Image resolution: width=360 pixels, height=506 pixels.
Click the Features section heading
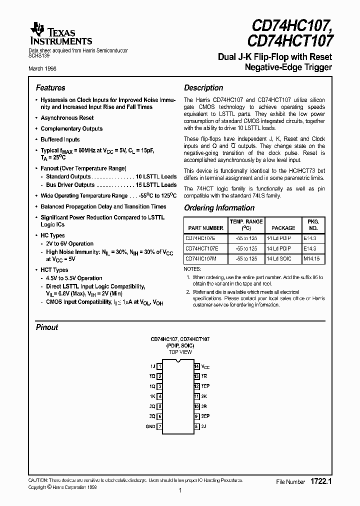(50, 87)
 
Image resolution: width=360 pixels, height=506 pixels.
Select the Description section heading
(203, 87)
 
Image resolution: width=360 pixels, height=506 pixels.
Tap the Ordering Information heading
(219, 208)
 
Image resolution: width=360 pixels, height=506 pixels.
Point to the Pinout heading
(47, 327)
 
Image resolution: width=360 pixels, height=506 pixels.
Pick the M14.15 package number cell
(313, 258)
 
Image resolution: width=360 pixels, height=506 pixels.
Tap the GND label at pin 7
(150, 426)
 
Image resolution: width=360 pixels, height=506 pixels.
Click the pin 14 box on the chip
(197, 366)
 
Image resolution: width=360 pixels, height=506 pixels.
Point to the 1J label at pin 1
(152, 366)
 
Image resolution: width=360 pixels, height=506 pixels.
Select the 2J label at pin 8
(203, 426)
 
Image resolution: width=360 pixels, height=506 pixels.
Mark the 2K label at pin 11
(204, 396)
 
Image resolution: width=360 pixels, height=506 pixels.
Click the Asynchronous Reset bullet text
(67, 118)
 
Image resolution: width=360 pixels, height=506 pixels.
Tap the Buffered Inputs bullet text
(60, 139)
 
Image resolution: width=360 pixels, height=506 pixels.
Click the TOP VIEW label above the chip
(180, 352)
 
